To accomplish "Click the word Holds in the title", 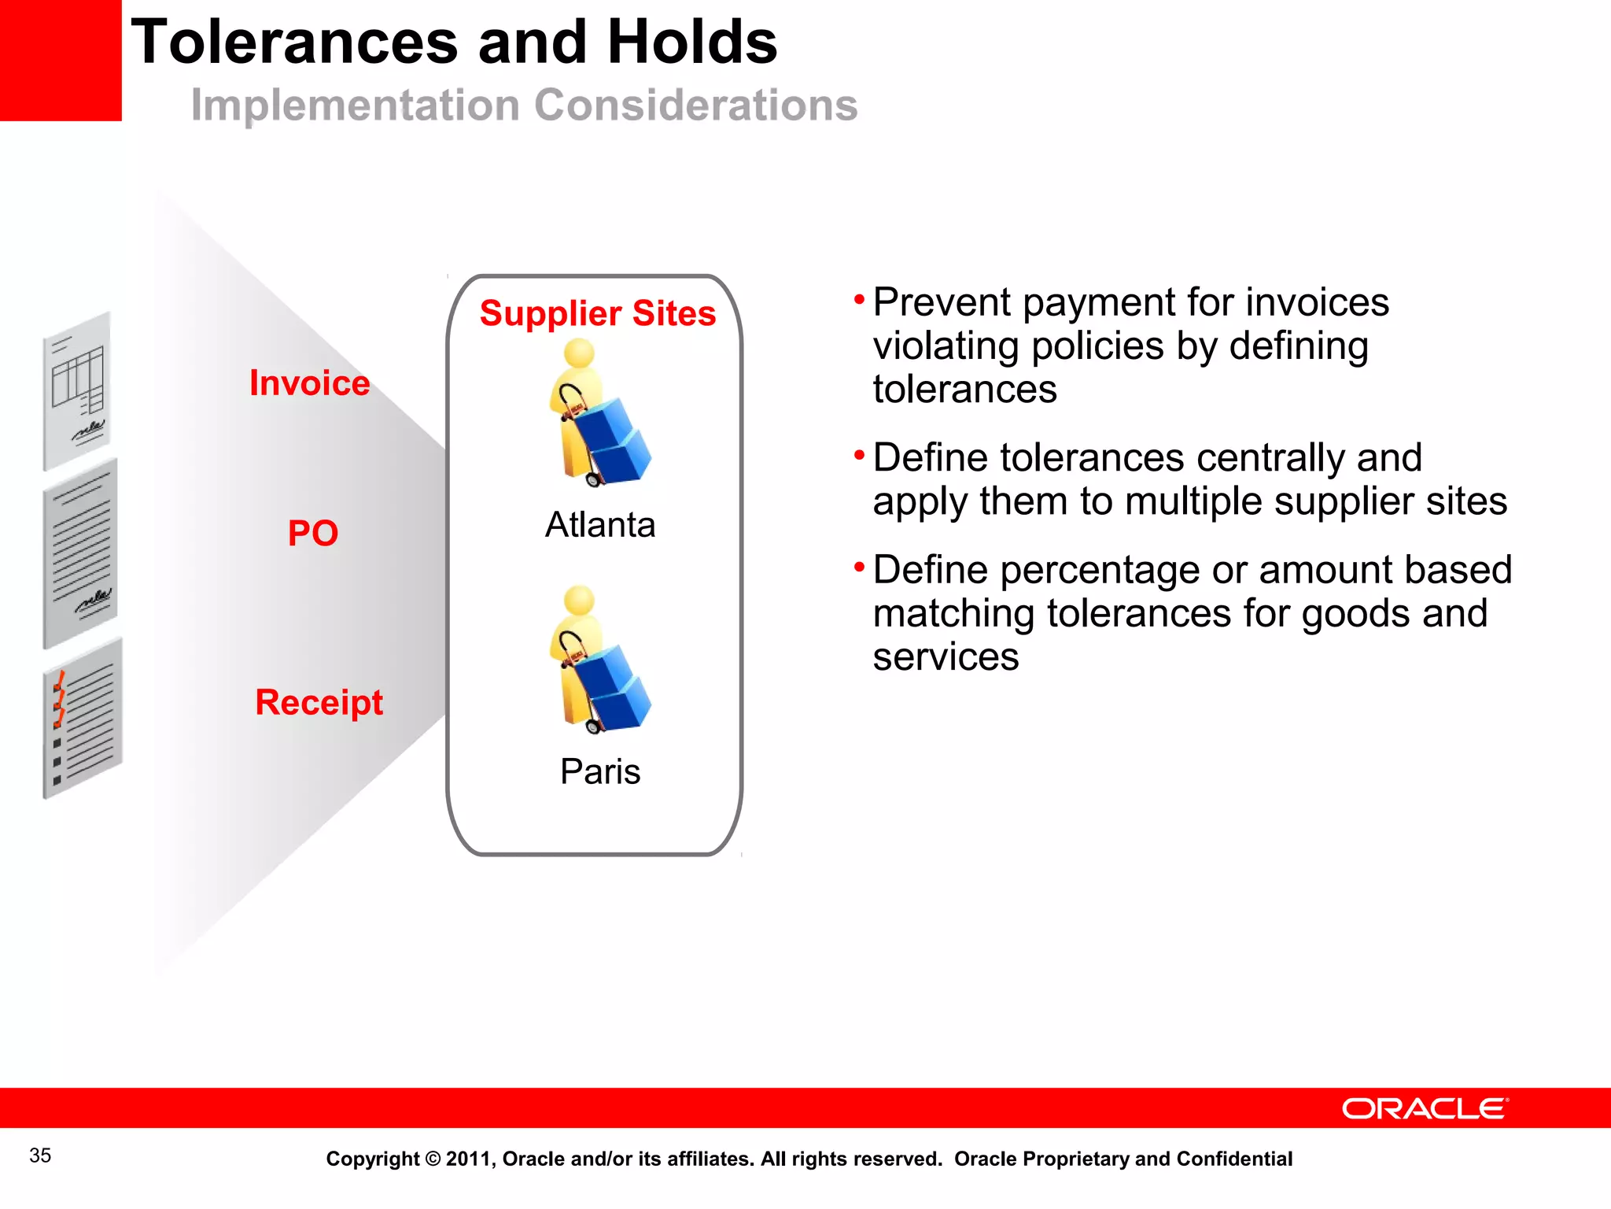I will point(692,43).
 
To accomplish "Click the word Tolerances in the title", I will point(294,43).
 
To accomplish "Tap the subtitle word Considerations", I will point(696,105).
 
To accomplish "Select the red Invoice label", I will point(309,383).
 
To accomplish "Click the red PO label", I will point(312,533).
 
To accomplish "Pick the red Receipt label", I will point(319,702).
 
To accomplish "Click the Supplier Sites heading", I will point(598,313).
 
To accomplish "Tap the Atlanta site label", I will point(600,524).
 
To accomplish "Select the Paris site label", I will point(600,771).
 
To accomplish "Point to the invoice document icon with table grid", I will point(77,390).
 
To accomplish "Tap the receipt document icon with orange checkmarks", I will point(82,719).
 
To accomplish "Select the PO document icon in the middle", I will point(80,553).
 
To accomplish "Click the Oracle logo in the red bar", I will point(1425,1108).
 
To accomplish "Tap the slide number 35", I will point(40,1155).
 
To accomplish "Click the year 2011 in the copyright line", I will point(469,1159).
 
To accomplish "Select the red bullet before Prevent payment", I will point(859,299).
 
